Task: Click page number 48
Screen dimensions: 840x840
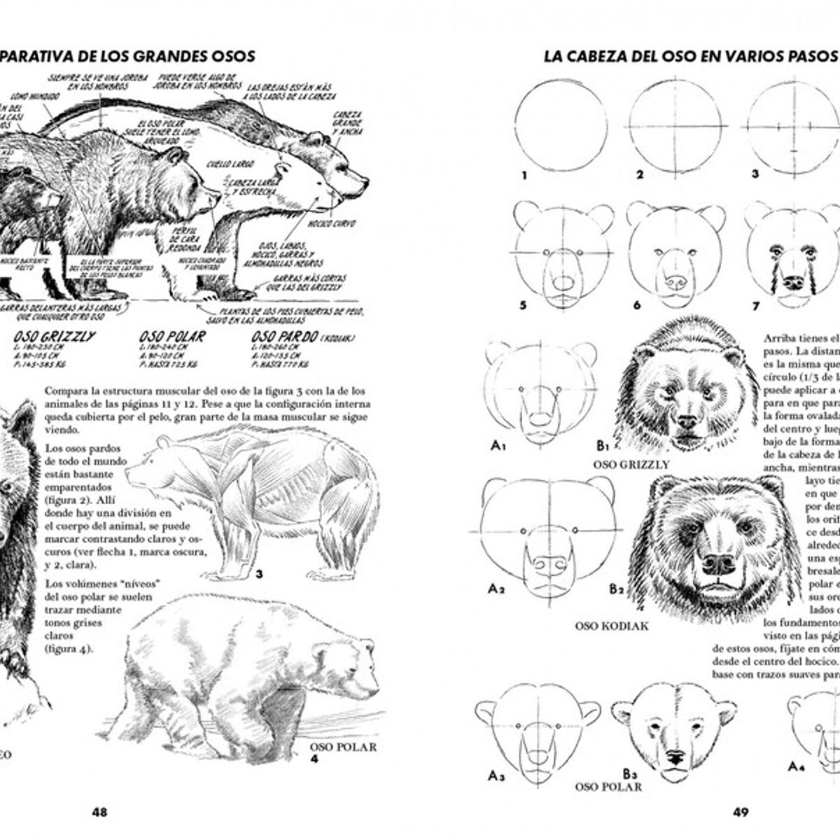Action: coord(99,812)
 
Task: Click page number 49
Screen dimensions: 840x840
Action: coord(741,812)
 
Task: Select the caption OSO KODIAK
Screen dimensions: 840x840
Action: coord(611,625)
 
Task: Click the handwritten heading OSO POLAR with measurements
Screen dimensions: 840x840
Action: coord(172,337)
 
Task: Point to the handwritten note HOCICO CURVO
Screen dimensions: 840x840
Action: coord(332,224)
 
